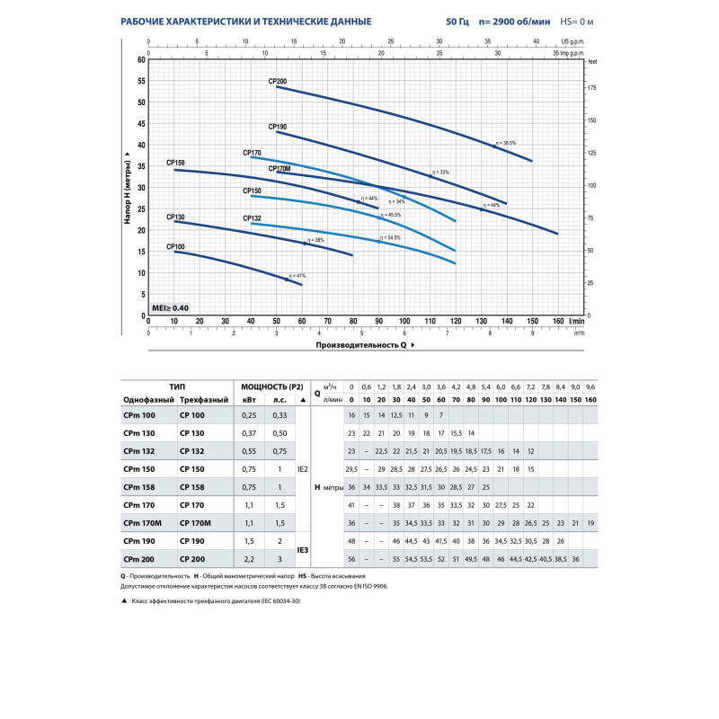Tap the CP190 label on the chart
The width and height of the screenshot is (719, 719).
(x=277, y=127)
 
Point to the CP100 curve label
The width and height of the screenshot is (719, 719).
(x=175, y=246)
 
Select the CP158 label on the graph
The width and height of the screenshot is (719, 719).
(x=175, y=163)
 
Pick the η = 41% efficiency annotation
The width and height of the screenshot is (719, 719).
(x=297, y=275)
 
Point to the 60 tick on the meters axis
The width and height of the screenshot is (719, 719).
(x=140, y=59)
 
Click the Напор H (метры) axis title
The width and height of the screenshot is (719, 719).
(x=129, y=189)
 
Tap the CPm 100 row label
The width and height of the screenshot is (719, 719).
(x=138, y=415)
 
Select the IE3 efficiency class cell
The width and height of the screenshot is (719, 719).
(x=303, y=550)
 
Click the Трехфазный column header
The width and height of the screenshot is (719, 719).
(x=201, y=399)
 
